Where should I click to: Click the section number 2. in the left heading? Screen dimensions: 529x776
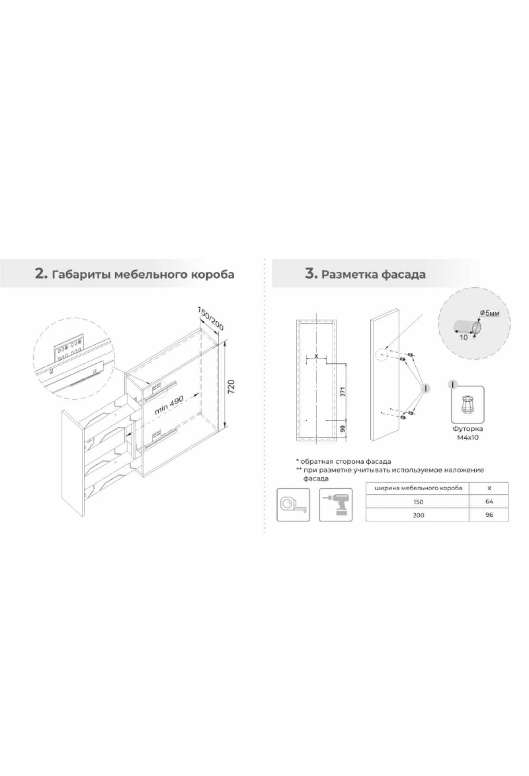coord(40,274)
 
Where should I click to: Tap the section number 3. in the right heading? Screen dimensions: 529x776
coord(311,274)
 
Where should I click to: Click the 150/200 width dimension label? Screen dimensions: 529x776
coord(211,319)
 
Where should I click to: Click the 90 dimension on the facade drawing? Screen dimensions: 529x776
coord(342,428)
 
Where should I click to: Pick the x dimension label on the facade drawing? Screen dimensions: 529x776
coord(316,355)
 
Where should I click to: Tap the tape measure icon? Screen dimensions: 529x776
coord(292,505)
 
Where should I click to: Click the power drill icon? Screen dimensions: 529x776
coord(335,505)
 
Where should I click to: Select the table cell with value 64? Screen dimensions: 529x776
coord(489,501)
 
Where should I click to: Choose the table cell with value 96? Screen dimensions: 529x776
coord(489,515)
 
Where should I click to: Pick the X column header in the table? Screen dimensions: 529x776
coord(489,489)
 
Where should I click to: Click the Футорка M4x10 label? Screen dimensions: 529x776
coord(468,433)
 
